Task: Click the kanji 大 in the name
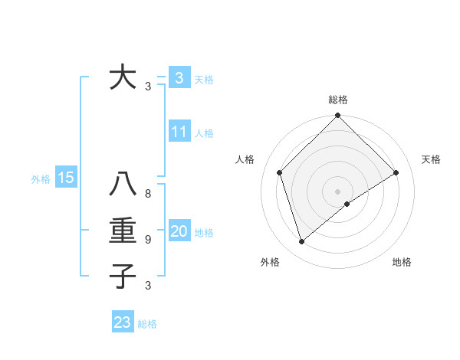123,77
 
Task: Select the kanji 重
123,231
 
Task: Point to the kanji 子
123,276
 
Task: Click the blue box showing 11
179,132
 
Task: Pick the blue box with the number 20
179,231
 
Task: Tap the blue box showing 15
65,178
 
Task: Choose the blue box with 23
123,322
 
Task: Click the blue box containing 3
179,77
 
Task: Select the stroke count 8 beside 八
148,195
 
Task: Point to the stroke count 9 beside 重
148,240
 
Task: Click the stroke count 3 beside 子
148,286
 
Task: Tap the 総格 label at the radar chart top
338,100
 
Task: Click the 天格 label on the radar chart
432,159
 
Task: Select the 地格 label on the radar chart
402,262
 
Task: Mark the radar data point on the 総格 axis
337,116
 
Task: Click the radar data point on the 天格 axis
396,172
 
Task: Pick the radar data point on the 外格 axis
301,242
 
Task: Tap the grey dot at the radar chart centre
337,191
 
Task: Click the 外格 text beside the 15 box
41,178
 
